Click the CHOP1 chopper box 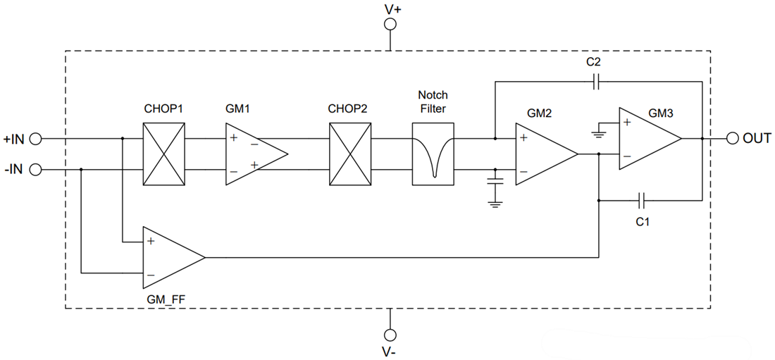(164, 154)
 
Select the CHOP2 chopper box (350, 154)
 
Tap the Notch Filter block (433, 154)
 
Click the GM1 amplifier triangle (250, 154)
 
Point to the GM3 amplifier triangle (645, 139)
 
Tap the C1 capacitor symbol (641, 201)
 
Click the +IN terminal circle (35, 139)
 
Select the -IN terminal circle (35, 169)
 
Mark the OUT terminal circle (732, 139)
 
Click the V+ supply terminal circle (390, 25)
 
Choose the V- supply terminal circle (390, 334)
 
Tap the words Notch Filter (433, 101)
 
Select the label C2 (593, 62)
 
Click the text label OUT (757, 139)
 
